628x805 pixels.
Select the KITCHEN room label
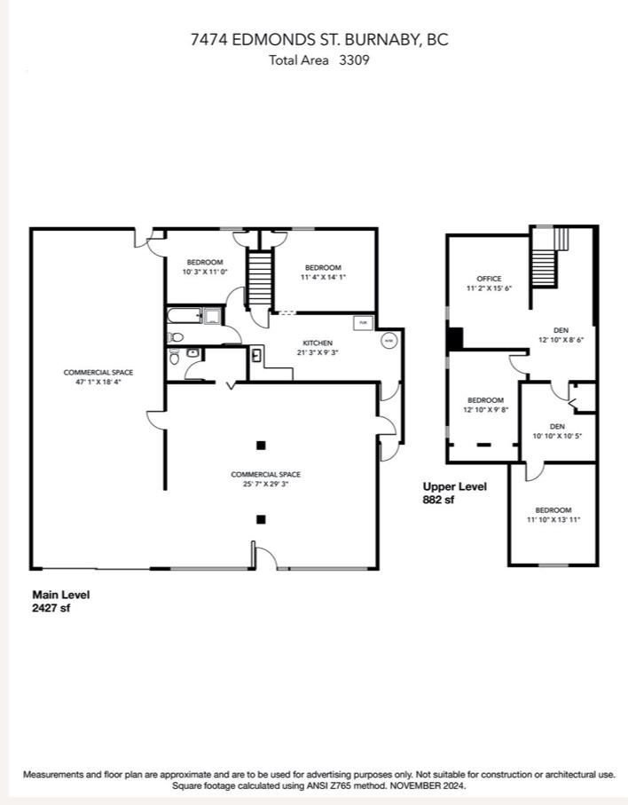click(x=318, y=343)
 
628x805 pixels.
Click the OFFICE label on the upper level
click(x=489, y=279)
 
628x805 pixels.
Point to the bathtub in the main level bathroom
click(x=184, y=315)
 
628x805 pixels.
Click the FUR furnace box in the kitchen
click(x=364, y=322)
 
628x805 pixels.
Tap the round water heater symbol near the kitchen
click(x=389, y=340)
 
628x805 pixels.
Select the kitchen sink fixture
click(x=256, y=356)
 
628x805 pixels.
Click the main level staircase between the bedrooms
click(x=258, y=279)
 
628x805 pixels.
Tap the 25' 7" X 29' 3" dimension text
click(x=260, y=485)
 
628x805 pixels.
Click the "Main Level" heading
click(x=60, y=595)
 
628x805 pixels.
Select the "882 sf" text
click(x=439, y=500)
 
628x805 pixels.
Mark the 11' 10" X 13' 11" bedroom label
click(x=553, y=520)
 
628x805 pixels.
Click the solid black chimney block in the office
click(x=455, y=339)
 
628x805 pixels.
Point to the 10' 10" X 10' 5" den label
click(x=556, y=436)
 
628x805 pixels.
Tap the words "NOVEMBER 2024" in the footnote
click(x=436, y=786)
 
